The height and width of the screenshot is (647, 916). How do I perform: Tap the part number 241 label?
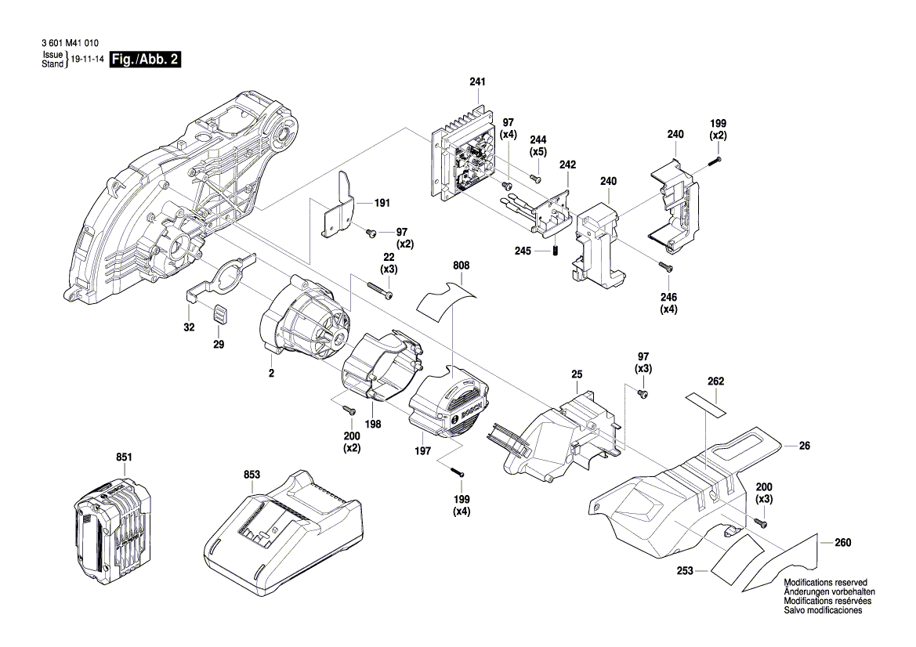coord(477,82)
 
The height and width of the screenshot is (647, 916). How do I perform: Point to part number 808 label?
coord(461,266)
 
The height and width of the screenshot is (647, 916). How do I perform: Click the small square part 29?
coord(220,314)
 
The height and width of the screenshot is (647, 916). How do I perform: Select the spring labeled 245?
coord(555,251)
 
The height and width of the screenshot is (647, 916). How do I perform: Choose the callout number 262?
coord(715,381)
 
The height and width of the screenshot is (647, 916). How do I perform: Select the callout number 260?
coord(842,542)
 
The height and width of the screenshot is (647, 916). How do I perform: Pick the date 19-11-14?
coord(87,60)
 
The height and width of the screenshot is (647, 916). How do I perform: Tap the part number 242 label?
coord(567,165)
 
